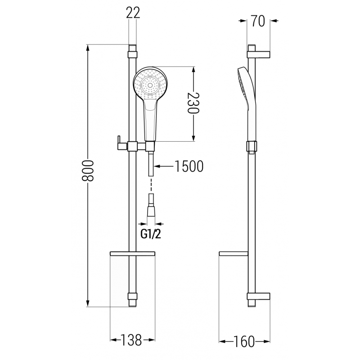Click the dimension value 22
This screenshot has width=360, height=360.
coord(133,13)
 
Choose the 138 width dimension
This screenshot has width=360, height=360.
coord(133,341)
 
